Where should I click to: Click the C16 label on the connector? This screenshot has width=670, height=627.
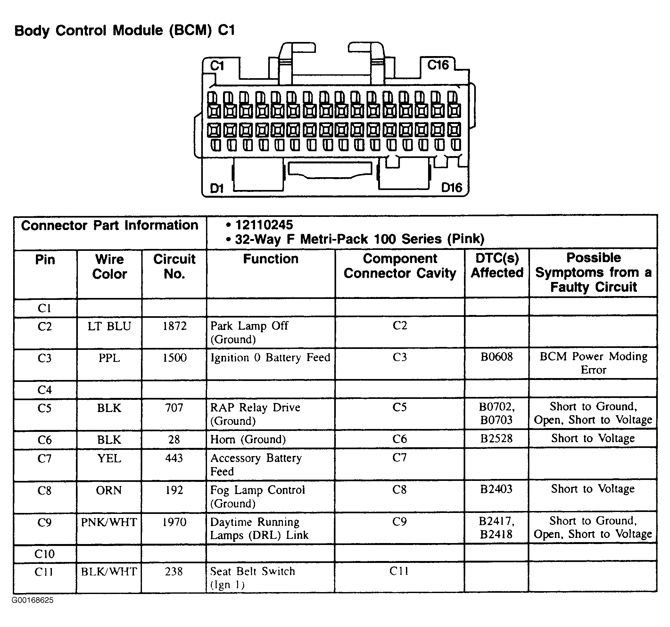tap(438, 65)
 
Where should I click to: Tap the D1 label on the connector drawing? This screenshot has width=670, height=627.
tap(217, 188)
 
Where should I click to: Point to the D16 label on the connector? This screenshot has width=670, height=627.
tap(451, 188)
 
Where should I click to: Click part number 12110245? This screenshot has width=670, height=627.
tap(264, 225)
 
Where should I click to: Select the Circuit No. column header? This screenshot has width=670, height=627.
tap(174, 266)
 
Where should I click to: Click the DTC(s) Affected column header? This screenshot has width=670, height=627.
tap(497, 265)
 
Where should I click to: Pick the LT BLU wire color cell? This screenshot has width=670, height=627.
tap(109, 326)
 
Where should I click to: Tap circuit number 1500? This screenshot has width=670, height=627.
tap(174, 358)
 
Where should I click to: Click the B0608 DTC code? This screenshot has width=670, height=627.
tap(496, 357)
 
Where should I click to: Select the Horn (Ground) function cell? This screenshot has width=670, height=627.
tap(248, 439)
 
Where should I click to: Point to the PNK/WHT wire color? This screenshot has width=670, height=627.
tap(109, 522)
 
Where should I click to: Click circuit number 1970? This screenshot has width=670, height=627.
tap(174, 522)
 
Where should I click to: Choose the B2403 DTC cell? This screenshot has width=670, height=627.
tap(496, 489)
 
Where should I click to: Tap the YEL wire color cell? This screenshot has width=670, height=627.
tap(109, 458)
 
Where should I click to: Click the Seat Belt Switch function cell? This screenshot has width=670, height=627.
tap(252, 577)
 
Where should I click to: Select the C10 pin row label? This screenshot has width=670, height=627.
tap(45, 554)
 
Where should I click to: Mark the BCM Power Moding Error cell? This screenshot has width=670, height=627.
tap(593, 363)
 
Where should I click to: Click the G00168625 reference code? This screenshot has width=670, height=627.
tap(32, 600)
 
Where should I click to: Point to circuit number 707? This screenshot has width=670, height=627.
tap(174, 408)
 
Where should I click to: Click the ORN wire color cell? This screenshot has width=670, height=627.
tap(109, 490)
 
